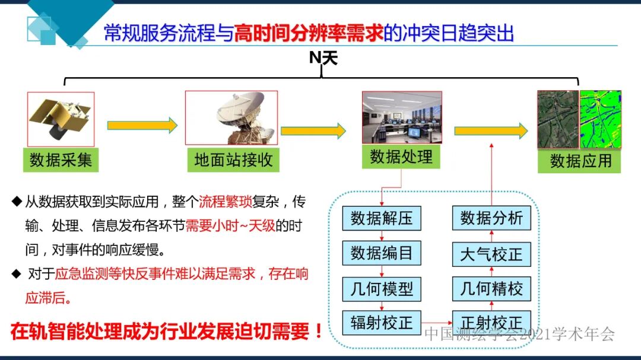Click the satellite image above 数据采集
[x=61, y=119]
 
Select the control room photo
[x=402, y=117]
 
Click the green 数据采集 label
[x=61, y=160]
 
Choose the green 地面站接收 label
[x=233, y=160]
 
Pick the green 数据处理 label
[x=401, y=157]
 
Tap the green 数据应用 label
[x=579, y=161]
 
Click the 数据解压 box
[x=381, y=218]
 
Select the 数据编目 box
[x=381, y=253]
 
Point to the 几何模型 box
[x=381, y=289]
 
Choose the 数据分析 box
[x=491, y=218]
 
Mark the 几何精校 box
[x=491, y=289]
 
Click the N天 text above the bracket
[x=323, y=58]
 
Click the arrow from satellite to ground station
[x=142, y=125]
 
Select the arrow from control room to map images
[x=490, y=131]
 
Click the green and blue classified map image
[x=601, y=119]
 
